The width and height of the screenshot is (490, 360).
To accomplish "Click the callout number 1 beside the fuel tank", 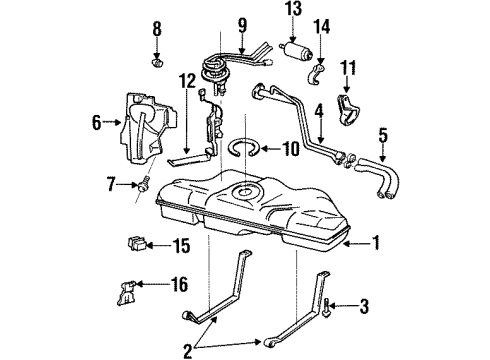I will click(x=377, y=241).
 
